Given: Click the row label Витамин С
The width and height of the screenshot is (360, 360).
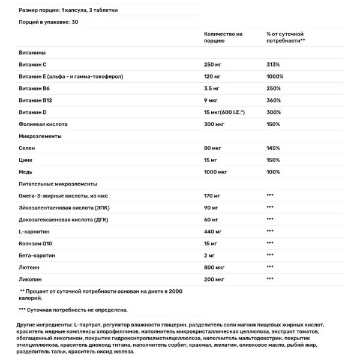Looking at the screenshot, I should tap(34, 64).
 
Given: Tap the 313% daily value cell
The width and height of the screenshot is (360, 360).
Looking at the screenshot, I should tap(274, 64).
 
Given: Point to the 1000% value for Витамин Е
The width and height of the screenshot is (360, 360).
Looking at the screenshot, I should tap(275, 76).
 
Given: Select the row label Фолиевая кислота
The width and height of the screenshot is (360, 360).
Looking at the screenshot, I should tap(44, 124).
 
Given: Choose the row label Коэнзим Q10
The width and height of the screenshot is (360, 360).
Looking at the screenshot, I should tap(38, 244).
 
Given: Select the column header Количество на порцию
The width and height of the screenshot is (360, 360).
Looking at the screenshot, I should tap(223, 37).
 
